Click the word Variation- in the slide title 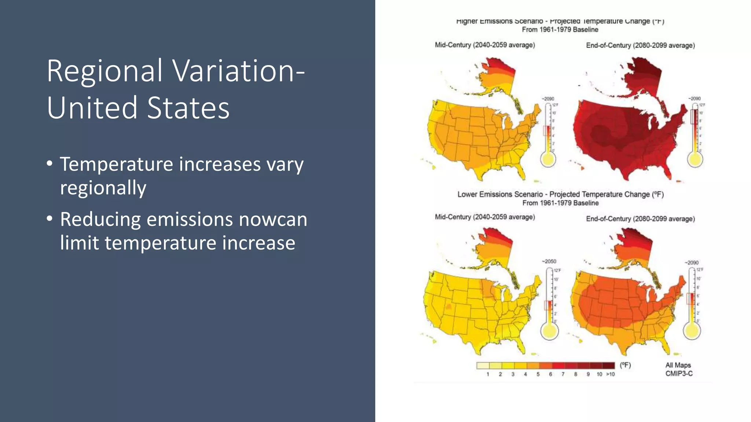click(238, 71)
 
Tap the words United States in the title click(138, 108)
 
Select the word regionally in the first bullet click(103, 188)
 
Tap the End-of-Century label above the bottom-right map click(640, 219)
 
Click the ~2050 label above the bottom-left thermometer click(549, 261)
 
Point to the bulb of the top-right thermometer click(695, 160)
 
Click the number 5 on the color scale click(538, 374)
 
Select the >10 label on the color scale click(610, 374)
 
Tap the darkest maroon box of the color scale click(608, 365)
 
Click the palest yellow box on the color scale click(483, 365)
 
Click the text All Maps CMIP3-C click(679, 369)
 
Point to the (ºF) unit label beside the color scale click(625, 365)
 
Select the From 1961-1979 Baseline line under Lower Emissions click(560, 203)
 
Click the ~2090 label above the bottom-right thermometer click(692, 263)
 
